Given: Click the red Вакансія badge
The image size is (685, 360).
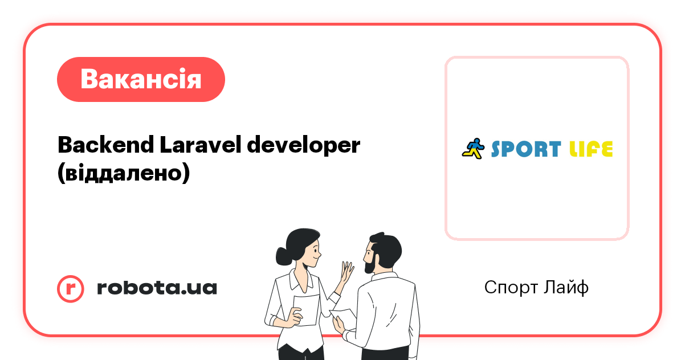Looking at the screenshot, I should click(x=141, y=79).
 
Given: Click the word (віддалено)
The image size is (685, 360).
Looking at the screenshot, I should click(x=123, y=173).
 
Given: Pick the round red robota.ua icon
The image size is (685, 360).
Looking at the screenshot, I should click(x=71, y=288).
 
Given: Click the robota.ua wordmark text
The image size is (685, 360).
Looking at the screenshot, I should click(x=157, y=288).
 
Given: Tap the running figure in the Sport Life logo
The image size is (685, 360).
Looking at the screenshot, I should click(x=472, y=148).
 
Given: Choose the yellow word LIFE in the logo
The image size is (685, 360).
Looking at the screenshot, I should click(x=591, y=149).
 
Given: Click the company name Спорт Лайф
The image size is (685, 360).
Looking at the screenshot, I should click(x=536, y=288).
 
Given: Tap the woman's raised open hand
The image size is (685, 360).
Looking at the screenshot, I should click(x=346, y=271).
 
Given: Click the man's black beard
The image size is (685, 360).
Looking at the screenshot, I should click(x=369, y=264).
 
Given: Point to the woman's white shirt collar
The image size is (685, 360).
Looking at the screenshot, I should click(x=297, y=279).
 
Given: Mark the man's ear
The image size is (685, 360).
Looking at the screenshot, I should click(x=380, y=256).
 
